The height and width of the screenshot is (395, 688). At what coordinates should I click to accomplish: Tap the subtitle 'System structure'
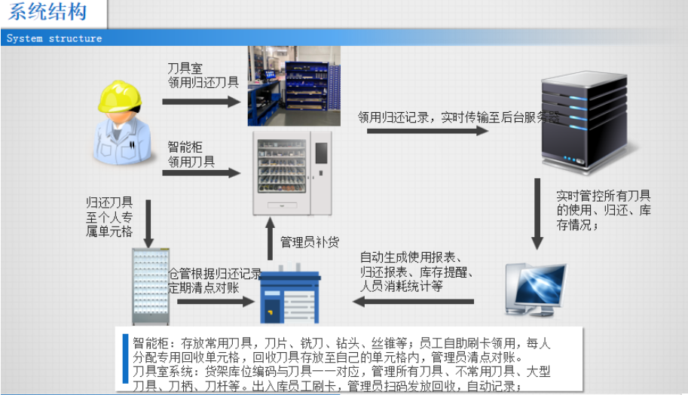click(54, 38)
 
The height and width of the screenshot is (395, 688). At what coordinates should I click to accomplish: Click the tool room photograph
click(294, 85)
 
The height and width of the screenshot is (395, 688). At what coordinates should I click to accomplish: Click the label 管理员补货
click(310, 242)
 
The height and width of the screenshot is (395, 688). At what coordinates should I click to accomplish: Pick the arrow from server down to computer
click(537, 214)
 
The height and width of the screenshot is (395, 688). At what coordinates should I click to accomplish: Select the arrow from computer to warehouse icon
click(414, 302)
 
